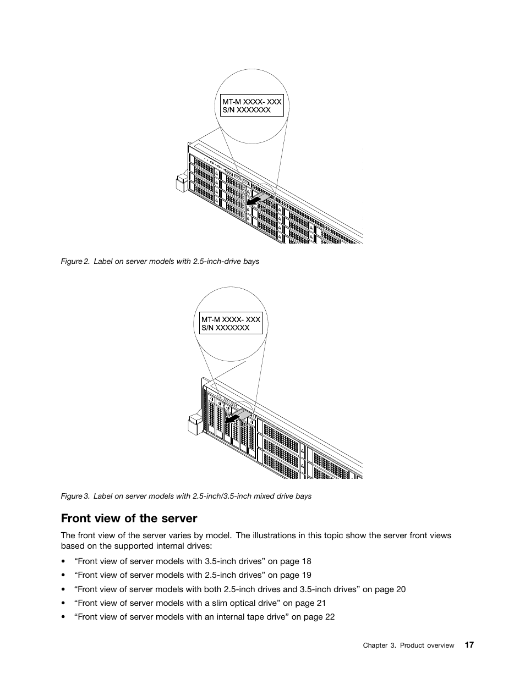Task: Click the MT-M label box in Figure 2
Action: click(x=252, y=106)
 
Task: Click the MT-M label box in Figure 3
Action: click(x=231, y=323)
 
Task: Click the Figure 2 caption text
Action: click(x=160, y=261)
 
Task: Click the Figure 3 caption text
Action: click(x=186, y=496)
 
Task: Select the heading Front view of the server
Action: click(x=129, y=518)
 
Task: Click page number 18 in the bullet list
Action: click(x=306, y=561)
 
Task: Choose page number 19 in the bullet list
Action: click(x=306, y=575)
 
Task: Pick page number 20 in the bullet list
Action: click(x=400, y=589)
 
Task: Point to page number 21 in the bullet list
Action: click(x=321, y=603)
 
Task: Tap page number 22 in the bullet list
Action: click(x=329, y=617)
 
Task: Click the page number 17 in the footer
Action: click(x=468, y=645)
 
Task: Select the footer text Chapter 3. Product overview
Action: click(x=408, y=645)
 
